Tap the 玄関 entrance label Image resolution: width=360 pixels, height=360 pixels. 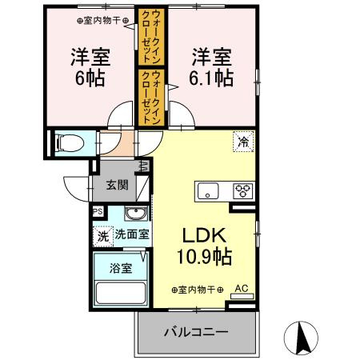click(117, 185)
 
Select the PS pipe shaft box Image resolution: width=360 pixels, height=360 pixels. click(98, 212)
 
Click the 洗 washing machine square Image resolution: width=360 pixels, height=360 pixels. click(102, 236)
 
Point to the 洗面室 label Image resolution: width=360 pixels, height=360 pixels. click(131, 235)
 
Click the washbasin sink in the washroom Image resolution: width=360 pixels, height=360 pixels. click(136, 214)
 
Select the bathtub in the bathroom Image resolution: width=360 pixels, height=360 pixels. click(121, 293)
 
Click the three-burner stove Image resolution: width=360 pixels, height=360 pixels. click(242, 190)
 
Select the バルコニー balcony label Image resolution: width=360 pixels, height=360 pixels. click(197, 330)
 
